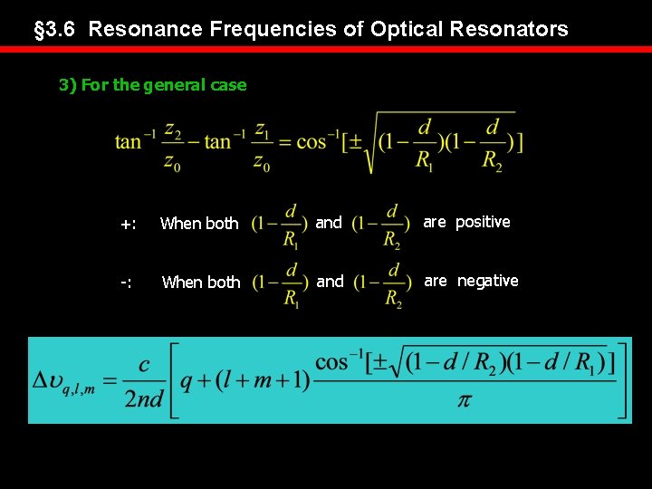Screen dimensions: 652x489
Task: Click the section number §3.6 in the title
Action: click(x=56, y=29)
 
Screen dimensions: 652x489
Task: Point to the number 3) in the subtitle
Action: click(x=68, y=85)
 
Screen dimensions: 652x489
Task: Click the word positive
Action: click(x=483, y=222)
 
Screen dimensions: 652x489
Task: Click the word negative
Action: click(x=487, y=281)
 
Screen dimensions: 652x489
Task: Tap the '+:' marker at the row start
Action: click(x=129, y=224)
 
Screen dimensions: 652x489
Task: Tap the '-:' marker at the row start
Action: click(x=127, y=283)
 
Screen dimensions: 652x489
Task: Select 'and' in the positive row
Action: click(x=329, y=223)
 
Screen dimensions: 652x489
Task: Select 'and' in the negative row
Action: click(x=330, y=282)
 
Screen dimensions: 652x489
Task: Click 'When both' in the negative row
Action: click(x=200, y=283)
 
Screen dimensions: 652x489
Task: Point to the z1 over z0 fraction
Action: click(x=262, y=144)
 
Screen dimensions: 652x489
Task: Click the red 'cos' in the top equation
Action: click(x=311, y=142)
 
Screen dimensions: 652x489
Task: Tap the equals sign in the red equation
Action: click(x=284, y=143)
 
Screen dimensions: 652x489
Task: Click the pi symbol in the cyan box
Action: click(x=464, y=399)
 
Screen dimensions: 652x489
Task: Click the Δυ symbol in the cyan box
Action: click(x=53, y=381)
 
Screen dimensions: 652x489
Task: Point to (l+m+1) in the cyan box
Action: click(x=264, y=381)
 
